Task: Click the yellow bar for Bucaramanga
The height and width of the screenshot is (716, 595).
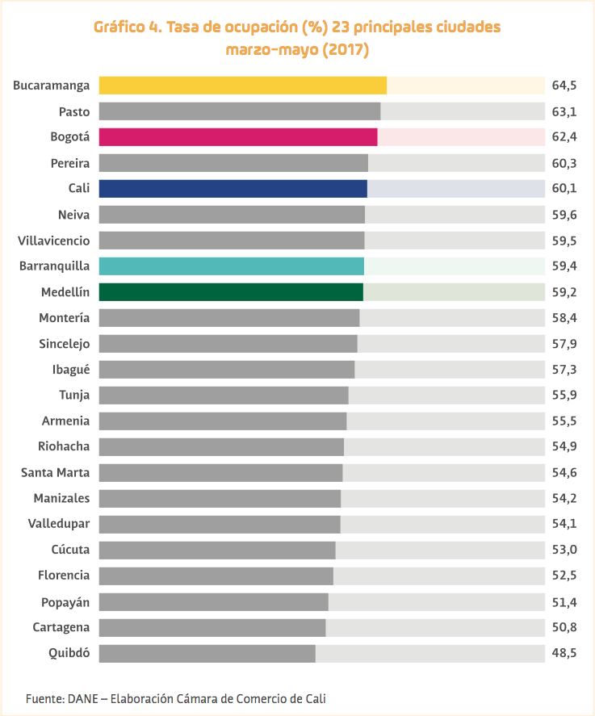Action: (242, 86)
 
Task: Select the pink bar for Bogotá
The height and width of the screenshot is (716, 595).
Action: (237, 137)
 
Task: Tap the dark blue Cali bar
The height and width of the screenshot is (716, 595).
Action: (233, 189)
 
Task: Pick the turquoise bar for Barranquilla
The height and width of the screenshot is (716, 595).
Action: (231, 266)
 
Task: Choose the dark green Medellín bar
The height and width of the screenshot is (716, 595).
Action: (231, 292)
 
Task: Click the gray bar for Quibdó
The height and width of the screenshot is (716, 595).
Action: (207, 653)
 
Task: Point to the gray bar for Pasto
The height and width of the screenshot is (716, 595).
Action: (239, 111)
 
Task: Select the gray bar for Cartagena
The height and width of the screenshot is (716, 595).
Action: (212, 627)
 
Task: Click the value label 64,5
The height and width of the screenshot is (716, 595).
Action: (564, 86)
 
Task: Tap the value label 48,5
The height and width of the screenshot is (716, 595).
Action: (564, 653)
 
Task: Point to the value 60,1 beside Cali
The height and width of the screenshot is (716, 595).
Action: (564, 189)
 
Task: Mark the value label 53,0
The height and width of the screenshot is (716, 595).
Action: (564, 550)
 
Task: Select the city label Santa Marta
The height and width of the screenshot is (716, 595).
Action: (56, 472)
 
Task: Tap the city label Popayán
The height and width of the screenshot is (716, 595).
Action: (65, 601)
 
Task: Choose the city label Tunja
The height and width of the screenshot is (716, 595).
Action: (74, 395)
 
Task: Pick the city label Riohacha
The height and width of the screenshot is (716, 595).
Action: (64, 446)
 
